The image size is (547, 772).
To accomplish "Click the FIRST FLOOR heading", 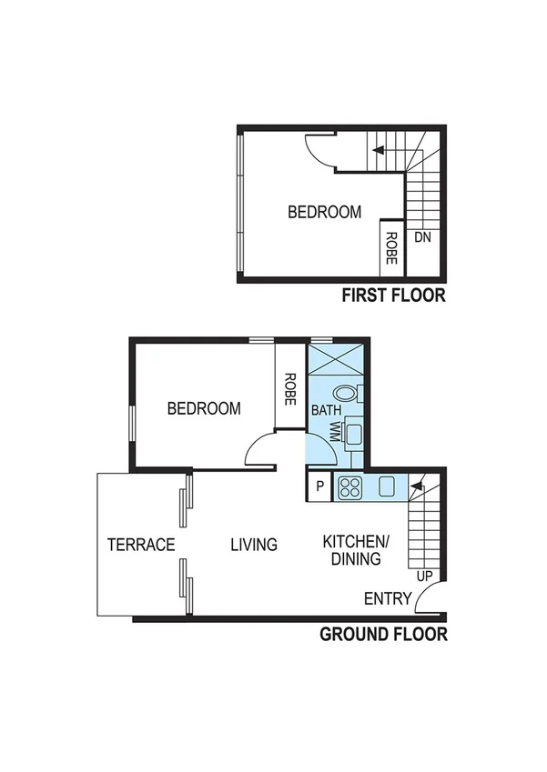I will (x=392, y=295).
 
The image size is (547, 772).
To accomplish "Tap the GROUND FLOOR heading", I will (x=383, y=634).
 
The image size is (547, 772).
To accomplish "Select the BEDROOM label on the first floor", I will (x=324, y=212).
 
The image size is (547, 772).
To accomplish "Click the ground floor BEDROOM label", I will (x=204, y=408).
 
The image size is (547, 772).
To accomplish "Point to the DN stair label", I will (x=422, y=237).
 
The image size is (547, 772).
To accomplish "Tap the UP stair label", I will (x=423, y=576).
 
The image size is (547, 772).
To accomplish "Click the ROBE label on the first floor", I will (x=391, y=248).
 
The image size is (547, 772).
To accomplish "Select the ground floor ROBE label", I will (x=289, y=387).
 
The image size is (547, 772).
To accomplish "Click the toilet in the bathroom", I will (x=347, y=394).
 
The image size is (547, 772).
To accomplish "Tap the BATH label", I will (x=326, y=410).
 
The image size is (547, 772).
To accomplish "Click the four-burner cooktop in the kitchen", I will (x=350, y=488).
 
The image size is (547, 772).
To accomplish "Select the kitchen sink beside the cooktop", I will (x=386, y=486).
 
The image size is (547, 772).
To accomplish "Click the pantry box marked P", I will (x=319, y=486).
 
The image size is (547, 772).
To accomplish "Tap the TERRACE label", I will (x=141, y=545).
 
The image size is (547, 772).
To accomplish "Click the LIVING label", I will (x=253, y=545).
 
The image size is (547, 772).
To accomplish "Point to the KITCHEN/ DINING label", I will (x=356, y=550).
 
